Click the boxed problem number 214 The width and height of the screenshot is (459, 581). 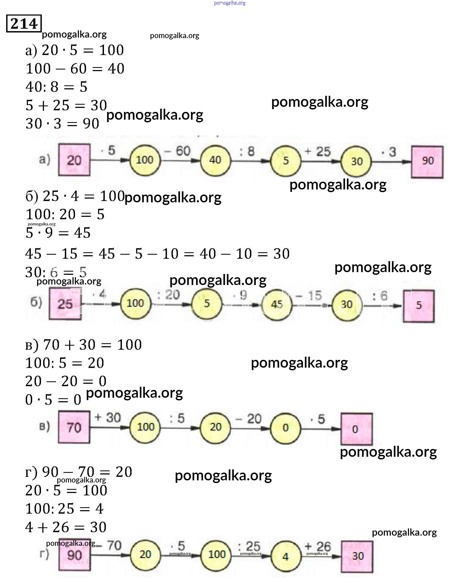click(24, 24)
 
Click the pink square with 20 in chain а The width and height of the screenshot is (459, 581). click(74, 160)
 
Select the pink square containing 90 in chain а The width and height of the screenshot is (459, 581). click(427, 162)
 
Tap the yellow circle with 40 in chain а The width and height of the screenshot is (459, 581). click(215, 160)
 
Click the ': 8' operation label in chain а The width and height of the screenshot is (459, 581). click(247, 151)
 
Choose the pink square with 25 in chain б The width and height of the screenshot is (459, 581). click(65, 304)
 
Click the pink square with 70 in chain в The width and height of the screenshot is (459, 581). click(74, 427)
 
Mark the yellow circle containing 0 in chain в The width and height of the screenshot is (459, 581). click(285, 427)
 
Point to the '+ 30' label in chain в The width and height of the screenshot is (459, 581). click(107, 418)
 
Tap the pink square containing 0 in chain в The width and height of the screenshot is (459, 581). click(356, 429)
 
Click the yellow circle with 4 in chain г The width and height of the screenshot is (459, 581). click(285, 556)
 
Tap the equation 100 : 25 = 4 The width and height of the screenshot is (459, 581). click(65, 509)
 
